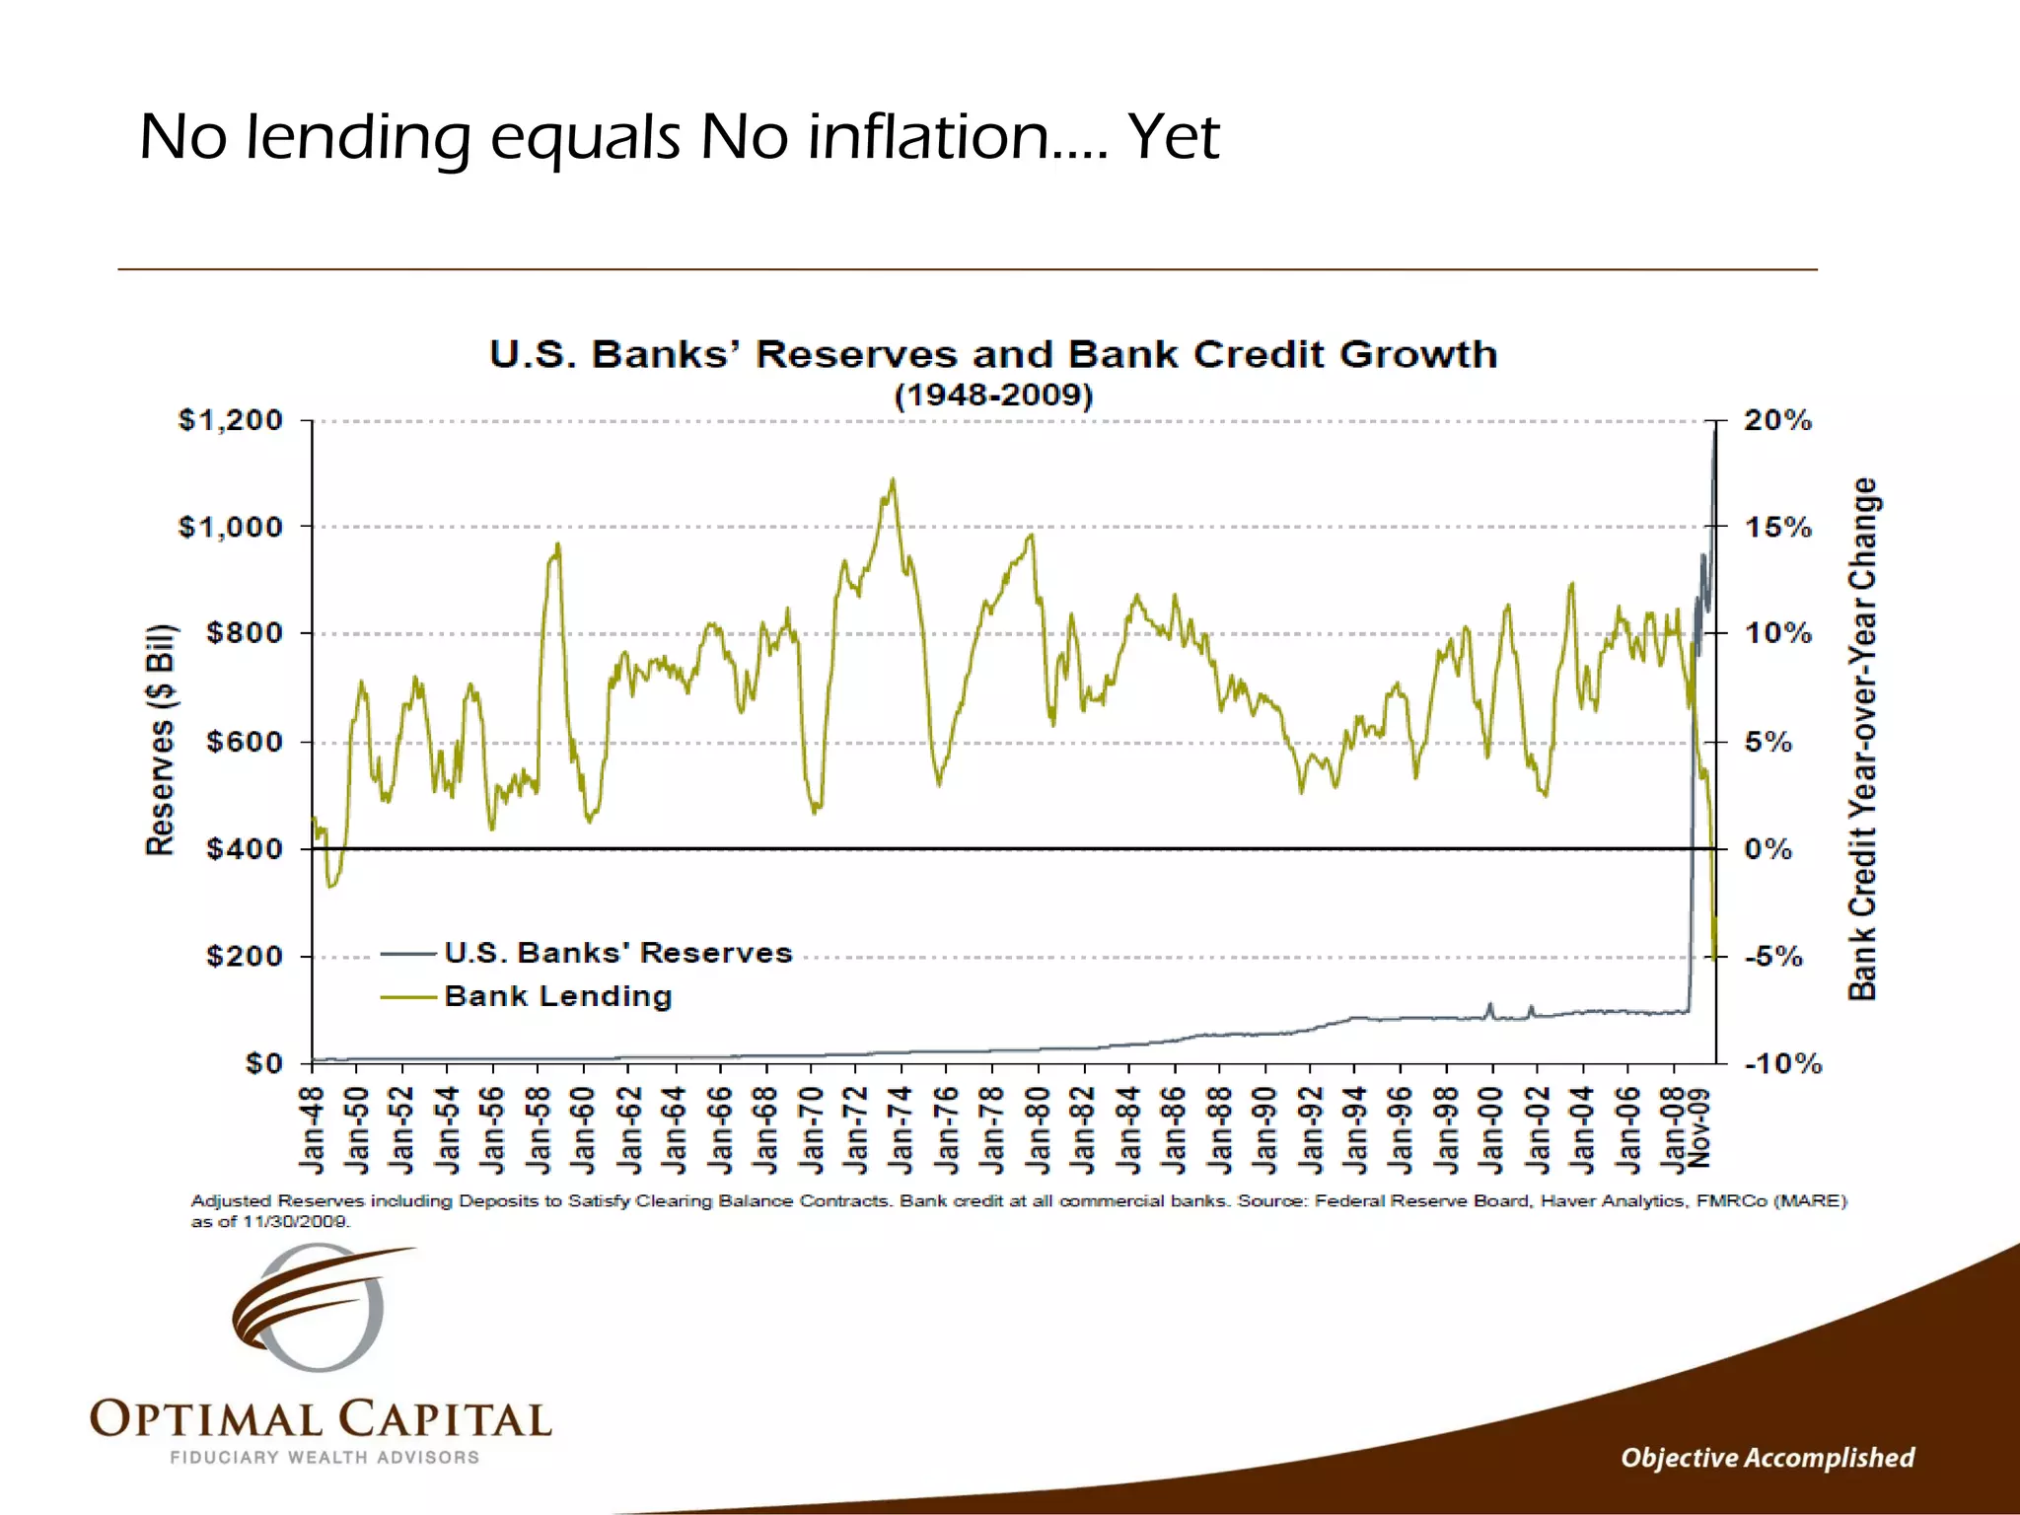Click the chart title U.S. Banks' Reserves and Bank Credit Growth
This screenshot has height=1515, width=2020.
pos(993,354)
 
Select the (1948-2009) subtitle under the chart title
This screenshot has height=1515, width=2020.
pos(993,396)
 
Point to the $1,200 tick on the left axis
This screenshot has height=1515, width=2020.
pos(230,420)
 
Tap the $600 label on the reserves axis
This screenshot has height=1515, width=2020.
pos(244,741)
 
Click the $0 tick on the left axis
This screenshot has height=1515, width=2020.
pos(263,1063)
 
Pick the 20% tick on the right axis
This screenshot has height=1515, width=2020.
pos(1777,420)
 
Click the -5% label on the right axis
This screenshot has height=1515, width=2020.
pos(1772,957)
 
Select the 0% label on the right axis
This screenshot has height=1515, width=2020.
pos(1767,849)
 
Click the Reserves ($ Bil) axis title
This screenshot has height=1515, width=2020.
pos(160,740)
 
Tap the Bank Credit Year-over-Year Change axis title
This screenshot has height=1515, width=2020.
pos(1862,740)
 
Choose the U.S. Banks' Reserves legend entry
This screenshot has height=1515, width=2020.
pos(617,953)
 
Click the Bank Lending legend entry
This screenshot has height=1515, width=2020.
pos(558,996)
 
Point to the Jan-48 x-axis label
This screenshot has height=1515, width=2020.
pos(313,1130)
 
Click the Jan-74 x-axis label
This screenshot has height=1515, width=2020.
pos(901,1130)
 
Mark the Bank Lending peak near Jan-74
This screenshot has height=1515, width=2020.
pos(893,480)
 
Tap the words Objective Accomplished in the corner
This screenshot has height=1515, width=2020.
pos(1767,1458)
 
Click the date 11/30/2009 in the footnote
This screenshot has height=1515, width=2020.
pos(295,1221)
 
